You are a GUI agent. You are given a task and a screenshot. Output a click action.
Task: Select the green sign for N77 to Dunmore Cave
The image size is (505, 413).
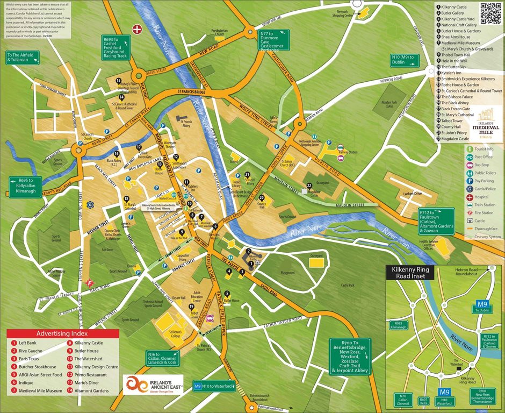274,41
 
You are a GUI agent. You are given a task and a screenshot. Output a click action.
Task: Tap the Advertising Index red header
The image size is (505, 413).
63,333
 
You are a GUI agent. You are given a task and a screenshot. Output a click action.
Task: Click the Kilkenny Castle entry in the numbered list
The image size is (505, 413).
455,7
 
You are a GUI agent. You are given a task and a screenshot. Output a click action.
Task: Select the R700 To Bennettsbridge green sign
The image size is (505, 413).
348,356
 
